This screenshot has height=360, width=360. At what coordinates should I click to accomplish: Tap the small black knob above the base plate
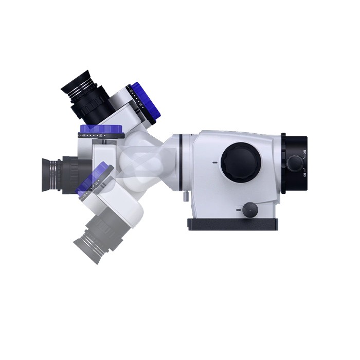[250, 209]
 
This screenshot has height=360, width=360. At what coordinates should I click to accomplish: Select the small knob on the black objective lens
[294, 164]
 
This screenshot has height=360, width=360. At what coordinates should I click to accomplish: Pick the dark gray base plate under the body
[233, 224]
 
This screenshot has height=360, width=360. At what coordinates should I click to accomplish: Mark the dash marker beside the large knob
[214, 163]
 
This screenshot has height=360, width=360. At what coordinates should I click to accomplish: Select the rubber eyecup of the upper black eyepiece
[75, 83]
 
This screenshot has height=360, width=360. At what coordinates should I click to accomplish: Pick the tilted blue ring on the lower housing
[93, 177]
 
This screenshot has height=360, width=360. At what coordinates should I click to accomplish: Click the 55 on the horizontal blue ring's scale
[101, 135]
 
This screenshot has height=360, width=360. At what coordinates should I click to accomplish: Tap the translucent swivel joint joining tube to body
[149, 162]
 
